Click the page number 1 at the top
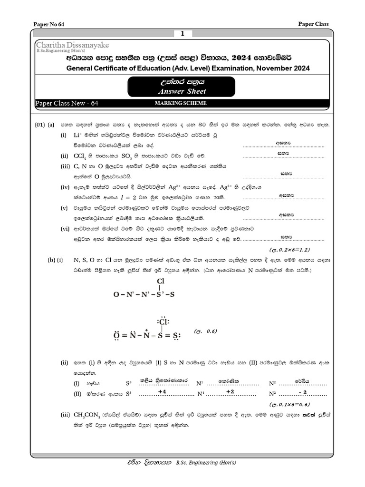[x=182, y=34]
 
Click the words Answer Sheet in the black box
[x=182, y=91]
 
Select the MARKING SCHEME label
[x=182, y=103]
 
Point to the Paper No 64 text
[x=49, y=24]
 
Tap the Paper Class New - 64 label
[x=67, y=103]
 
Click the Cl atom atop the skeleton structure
[x=160, y=281]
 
